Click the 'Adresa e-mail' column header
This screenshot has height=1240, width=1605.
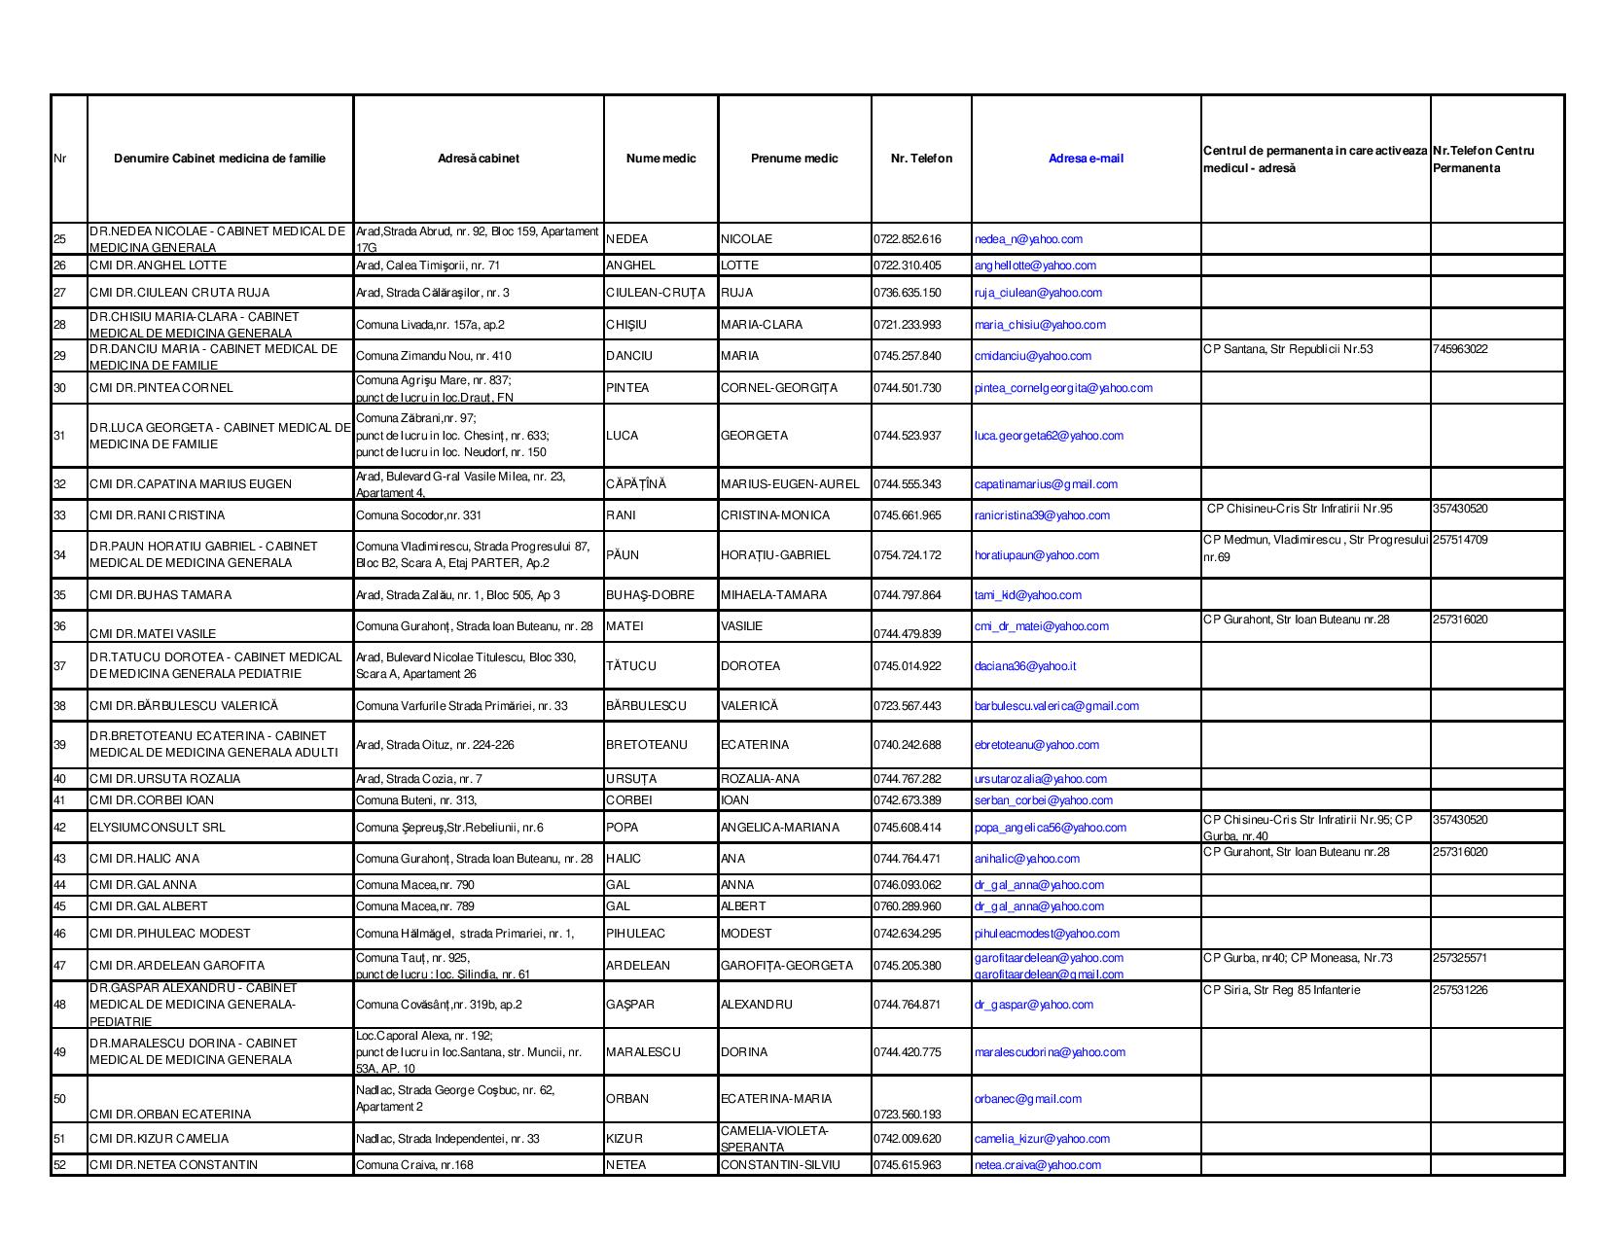pyautogui.click(x=1086, y=159)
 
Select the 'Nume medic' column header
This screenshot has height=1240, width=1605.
pyautogui.click(x=660, y=159)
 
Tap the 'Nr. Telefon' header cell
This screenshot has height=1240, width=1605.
pyautogui.click(x=921, y=159)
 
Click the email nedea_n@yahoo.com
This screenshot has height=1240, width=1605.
pyautogui.click(x=1028, y=239)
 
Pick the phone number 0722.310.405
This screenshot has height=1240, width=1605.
pyautogui.click(x=908, y=266)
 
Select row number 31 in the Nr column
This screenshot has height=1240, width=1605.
pyautogui.click(x=59, y=436)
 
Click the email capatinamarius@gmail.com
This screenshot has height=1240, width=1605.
pyautogui.click(x=1046, y=484)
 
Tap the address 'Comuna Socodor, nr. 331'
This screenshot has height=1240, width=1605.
pyautogui.click(x=418, y=515)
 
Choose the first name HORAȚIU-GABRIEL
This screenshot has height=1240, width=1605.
pyautogui.click(x=775, y=555)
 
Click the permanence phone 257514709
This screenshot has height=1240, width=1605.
pyautogui.click(x=1460, y=540)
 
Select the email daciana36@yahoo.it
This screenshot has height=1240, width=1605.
pyautogui.click(x=1025, y=666)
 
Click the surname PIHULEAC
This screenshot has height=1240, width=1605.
pyautogui.click(x=635, y=934)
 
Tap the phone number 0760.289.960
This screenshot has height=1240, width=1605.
pyautogui.click(x=908, y=906)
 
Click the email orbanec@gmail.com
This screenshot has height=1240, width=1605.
pyautogui.click(x=1027, y=1099)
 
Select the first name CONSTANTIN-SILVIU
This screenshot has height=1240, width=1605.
pyautogui.click(x=780, y=1165)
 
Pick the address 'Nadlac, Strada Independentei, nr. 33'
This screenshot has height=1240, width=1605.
pyautogui.click(x=447, y=1139)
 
